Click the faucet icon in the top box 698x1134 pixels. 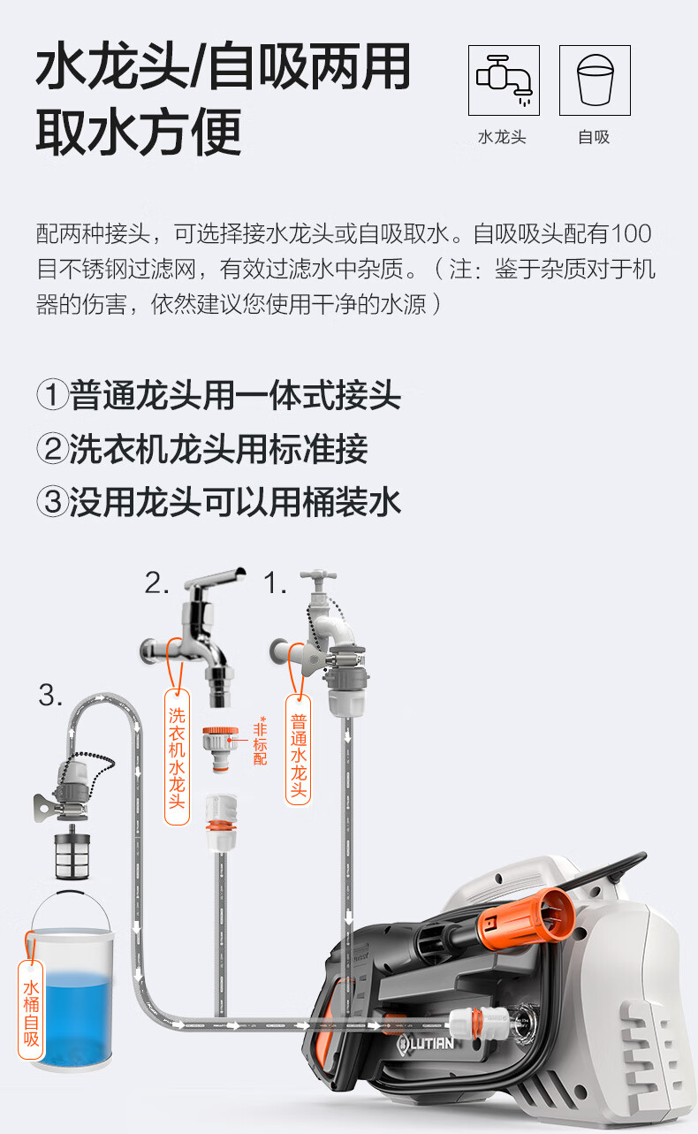[x=504, y=80]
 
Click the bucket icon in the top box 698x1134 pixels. [x=596, y=80]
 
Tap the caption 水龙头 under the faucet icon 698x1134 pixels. [x=502, y=137]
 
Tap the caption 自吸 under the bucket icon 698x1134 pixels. [x=595, y=137]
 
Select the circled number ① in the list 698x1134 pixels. [x=52, y=395]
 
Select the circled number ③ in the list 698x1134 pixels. [x=52, y=502]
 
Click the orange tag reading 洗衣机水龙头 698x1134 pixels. [x=177, y=757]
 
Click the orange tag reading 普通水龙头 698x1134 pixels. [x=298, y=750]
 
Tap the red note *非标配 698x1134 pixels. [x=260, y=740]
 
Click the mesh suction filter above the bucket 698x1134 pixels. [x=72, y=851]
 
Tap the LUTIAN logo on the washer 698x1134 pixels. [x=425, y=1043]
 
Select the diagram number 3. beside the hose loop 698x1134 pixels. [x=50, y=695]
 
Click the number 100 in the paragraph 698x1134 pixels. [x=631, y=233]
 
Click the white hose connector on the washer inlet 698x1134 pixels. [x=478, y=1022]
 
